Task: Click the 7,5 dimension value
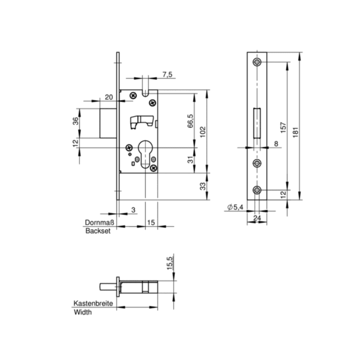pyautogui.click(x=167, y=74)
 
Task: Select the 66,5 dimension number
pyautogui.click(x=190, y=121)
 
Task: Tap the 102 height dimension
pyautogui.click(x=202, y=132)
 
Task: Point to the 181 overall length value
pyautogui.click(x=296, y=132)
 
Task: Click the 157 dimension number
pyautogui.click(x=283, y=128)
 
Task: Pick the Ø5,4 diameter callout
pyautogui.click(x=235, y=207)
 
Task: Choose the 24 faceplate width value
pyautogui.click(x=257, y=218)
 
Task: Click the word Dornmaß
pyautogui.click(x=99, y=222)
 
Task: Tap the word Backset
pyautogui.click(x=98, y=231)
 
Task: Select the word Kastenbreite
pyautogui.click(x=93, y=303)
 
